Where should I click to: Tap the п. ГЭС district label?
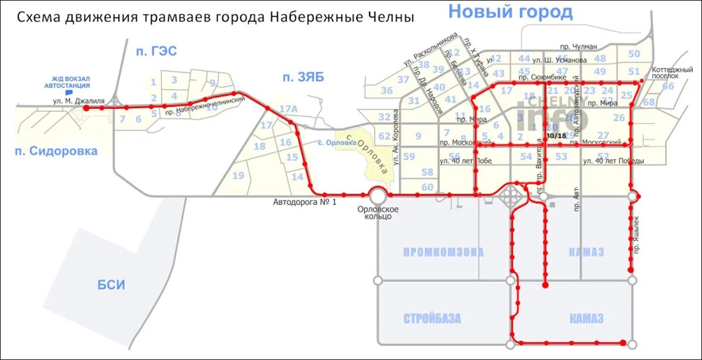point(156,52)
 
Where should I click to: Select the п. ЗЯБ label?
point(302,77)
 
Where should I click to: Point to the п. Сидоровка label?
point(56,151)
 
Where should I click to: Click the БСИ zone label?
point(111,285)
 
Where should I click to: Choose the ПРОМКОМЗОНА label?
point(443,252)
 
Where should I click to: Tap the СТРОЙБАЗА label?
point(432,318)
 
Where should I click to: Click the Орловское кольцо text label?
point(378,212)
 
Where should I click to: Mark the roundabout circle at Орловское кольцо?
point(377,194)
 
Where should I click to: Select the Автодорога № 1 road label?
point(305,203)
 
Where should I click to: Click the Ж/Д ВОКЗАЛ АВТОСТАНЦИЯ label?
point(67,82)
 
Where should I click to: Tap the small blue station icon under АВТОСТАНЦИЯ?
point(69,92)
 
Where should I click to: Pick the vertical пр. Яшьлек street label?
point(636,234)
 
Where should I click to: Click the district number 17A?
point(288,108)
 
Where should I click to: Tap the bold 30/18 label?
point(555,136)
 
